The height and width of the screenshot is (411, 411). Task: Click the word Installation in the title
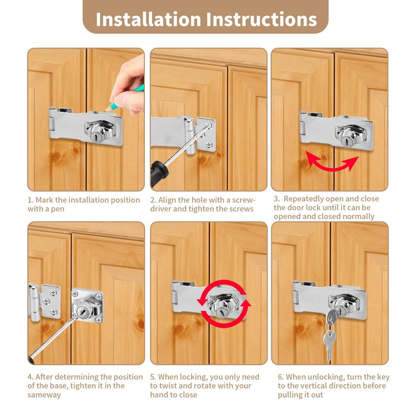coord(148,19)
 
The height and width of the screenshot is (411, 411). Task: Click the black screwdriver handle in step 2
coord(159,173)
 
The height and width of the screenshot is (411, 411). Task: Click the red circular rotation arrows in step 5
coord(223,304)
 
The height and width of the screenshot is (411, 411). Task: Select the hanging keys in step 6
coord(330,333)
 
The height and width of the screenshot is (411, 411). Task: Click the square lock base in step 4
coord(87,305)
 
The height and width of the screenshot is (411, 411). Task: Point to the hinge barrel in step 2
coord(190,135)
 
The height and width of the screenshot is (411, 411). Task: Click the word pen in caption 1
coord(58,209)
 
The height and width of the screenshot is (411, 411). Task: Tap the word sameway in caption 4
coord(44,395)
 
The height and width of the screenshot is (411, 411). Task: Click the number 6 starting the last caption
coord(280,377)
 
